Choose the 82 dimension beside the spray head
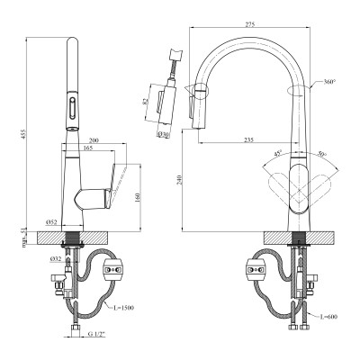point(148,101)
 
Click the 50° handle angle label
point(322,156)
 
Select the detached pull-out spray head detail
point(167,85)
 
